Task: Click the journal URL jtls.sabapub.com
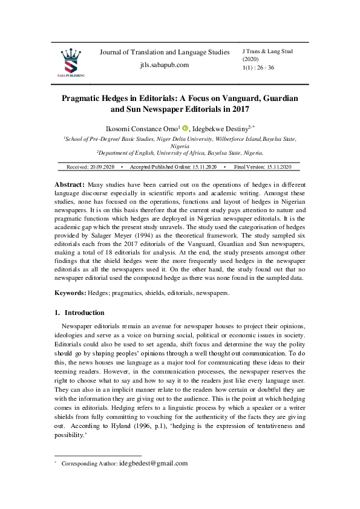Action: pos(165,65)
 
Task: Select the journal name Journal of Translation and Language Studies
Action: pos(165,53)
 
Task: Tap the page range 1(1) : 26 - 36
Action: pos(258,68)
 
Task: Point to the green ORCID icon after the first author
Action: pos(185,129)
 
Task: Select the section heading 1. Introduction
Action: pos(79,313)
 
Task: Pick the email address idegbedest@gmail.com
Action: pos(154,464)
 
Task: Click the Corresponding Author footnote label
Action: pos(90,464)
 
